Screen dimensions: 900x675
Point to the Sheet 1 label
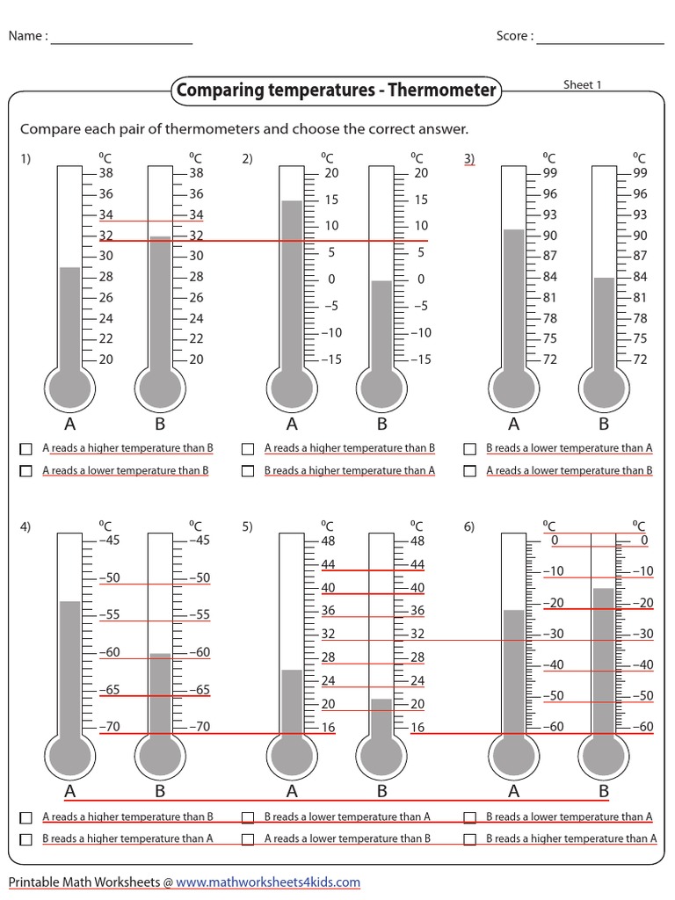pos(583,85)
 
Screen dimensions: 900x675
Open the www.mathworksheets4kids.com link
pos(268,882)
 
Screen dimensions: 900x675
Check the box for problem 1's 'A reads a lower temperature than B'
pos(26,471)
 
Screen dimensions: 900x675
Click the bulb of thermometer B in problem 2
pos(381,387)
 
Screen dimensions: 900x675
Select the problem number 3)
pos(469,158)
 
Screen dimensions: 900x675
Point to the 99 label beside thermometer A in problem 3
pos(549,173)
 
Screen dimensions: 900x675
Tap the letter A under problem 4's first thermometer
pos(69,791)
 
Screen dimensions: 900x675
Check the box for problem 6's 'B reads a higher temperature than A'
pos(470,839)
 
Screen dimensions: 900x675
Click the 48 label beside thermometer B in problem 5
pos(417,541)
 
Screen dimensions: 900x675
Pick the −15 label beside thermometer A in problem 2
pos(330,359)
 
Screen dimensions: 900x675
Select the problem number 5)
pos(247,526)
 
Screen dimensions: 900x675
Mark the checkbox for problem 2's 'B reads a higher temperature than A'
pos(249,471)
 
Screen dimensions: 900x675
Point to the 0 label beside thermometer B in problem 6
pos(644,541)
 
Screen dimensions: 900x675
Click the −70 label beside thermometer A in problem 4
pos(110,727)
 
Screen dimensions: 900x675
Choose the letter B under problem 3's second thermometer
pos(604,424)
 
